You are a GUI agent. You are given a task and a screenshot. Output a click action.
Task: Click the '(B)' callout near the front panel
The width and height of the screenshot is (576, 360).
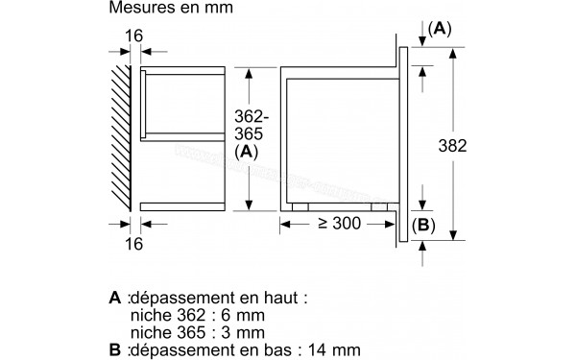(423, 227)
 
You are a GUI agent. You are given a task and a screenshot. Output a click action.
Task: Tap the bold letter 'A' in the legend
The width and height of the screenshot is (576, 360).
(115, 300)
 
